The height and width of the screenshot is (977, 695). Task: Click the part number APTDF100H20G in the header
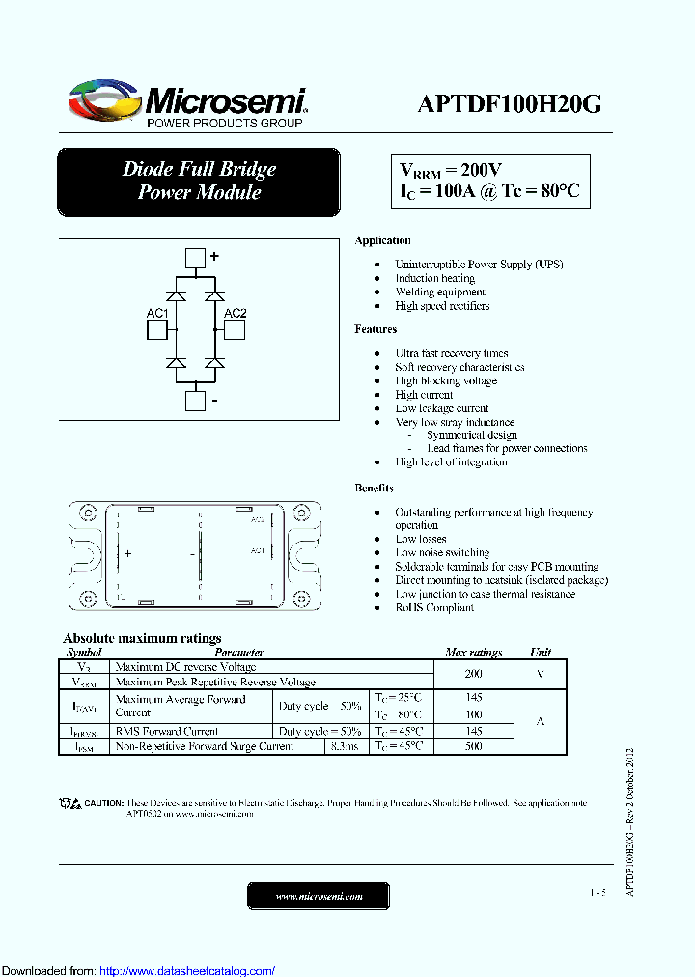(510, 105)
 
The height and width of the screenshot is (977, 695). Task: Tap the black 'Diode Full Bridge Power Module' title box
(199, 181)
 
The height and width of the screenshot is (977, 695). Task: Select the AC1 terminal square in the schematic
(157, 330)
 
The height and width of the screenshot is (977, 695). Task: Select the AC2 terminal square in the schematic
(235, 330)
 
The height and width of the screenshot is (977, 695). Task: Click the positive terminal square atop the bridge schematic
(195, 258)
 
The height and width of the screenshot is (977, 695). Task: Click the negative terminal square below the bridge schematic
(195, 401)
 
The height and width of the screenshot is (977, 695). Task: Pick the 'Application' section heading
(382, 240)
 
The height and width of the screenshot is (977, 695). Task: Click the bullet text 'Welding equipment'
(439, 292)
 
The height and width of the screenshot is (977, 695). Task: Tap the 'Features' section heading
(375, 329)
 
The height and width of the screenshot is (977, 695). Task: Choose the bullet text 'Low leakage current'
(441, 408)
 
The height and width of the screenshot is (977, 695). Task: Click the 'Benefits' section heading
(374, 488)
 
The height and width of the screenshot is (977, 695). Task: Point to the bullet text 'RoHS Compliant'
(434, 607)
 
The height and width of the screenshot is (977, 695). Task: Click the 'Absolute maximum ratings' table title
(142, 638)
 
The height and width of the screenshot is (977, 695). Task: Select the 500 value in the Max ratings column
(473, 746)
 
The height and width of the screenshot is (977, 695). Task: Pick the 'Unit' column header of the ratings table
(541, 653)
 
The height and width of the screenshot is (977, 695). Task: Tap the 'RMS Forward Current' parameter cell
(166, 732)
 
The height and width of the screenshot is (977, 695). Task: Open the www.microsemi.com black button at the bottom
(319, 896)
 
